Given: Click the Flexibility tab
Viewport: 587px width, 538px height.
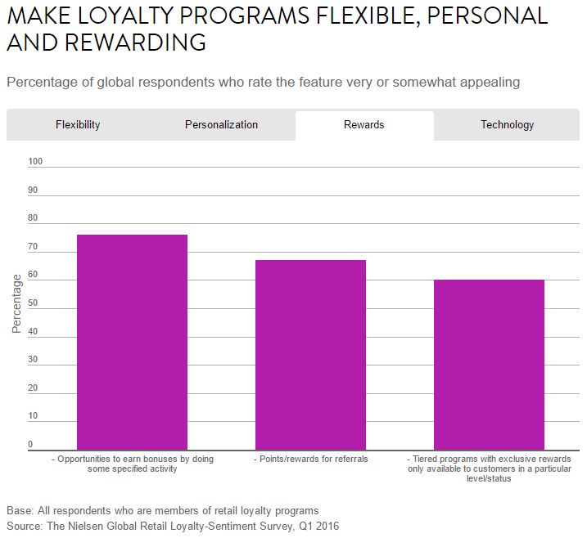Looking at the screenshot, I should [78, 125].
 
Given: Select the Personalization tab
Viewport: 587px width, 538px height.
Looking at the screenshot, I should [221, 125].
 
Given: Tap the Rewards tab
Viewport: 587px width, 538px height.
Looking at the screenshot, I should [364, 125].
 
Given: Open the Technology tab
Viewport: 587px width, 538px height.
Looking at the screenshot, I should [507, 125].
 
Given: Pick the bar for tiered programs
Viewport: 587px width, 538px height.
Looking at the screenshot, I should [489, 364].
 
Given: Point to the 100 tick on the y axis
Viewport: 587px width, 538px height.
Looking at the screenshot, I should [35, 162].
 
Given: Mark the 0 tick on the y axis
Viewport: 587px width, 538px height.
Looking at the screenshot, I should [31, 445].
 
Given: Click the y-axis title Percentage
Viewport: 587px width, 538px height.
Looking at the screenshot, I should [16, 303].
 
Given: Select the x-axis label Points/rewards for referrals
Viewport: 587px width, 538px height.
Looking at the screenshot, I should [311, 460].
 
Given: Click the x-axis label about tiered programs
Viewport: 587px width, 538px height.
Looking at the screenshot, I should [489, 469].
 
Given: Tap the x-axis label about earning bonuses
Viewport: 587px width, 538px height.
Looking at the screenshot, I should [132, 464].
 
